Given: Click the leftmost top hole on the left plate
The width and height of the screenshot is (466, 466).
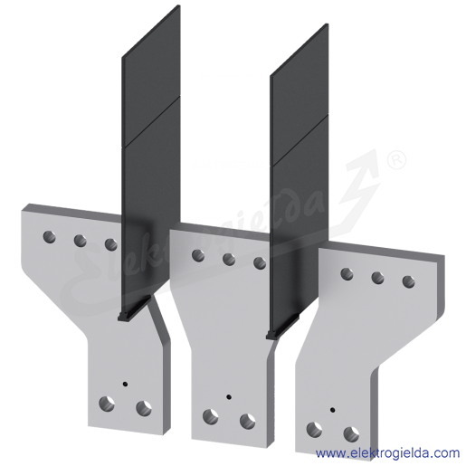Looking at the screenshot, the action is coord(49,237).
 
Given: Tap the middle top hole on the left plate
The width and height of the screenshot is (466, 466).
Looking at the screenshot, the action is coord(80,241).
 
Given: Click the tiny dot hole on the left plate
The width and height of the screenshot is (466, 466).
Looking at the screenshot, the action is coord(125,384).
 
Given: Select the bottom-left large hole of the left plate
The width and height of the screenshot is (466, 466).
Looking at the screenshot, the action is coord(107,404).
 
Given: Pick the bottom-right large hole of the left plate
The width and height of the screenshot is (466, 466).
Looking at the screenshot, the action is coord(144,408).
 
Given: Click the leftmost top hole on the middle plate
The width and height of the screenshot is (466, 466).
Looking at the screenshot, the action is coord(198,255).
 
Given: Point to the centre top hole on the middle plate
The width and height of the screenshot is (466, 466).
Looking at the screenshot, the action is coord(229,259).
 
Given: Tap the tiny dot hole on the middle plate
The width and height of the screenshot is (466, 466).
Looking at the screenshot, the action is coord(229,396).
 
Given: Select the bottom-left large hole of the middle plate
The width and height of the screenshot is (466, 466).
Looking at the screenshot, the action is coord(211,417).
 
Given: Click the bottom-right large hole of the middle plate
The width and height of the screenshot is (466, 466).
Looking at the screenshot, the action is coord(247,422).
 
